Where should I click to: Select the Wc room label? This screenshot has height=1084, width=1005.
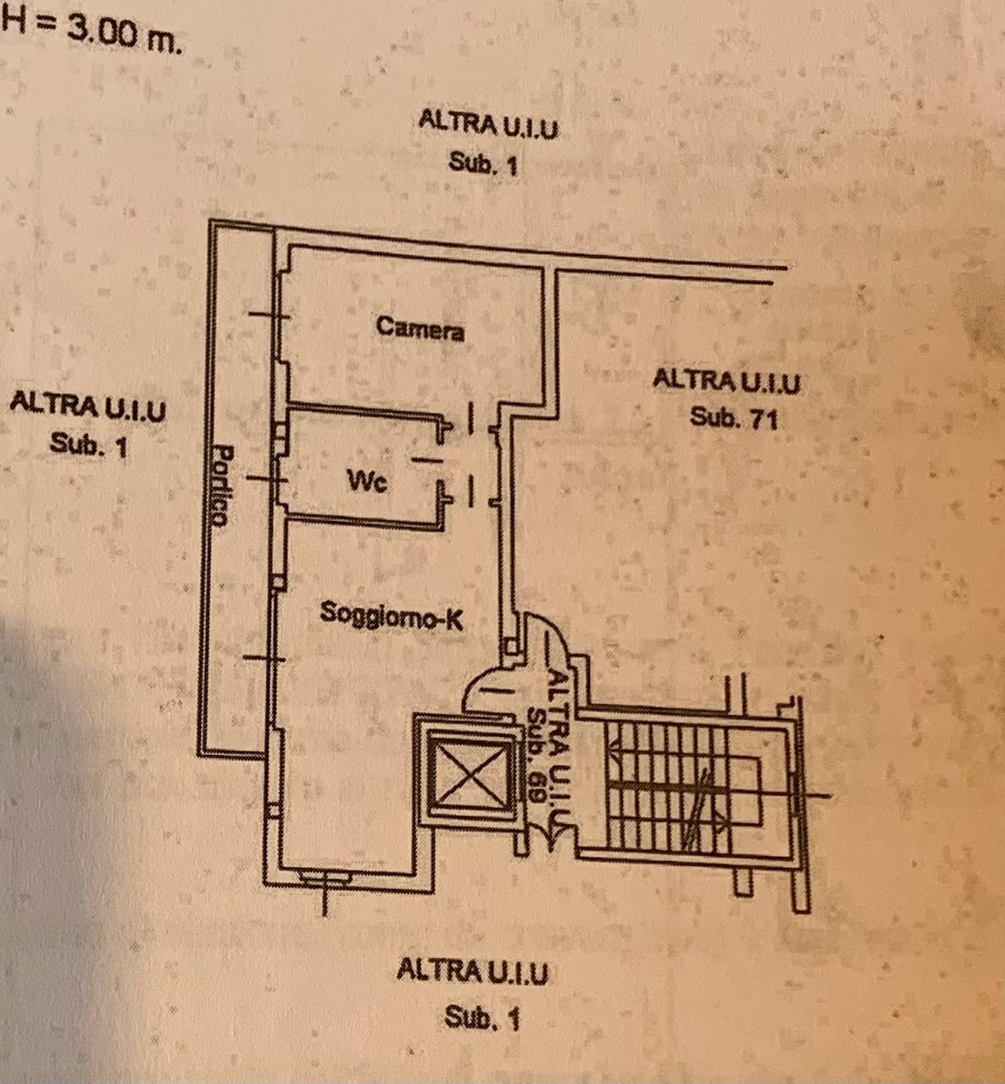pyautogui.click(x=368, y=482)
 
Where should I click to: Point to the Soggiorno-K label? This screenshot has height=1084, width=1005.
pyautogui.click(x=391, y=615)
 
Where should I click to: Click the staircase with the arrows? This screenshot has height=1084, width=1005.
pyautogui.click(x=669, y=784)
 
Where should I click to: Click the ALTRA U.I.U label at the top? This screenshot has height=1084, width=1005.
pyautogui.click(x=489, y=125)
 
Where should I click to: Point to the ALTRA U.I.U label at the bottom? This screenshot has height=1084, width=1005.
pyautogui.click(x=472, y=970)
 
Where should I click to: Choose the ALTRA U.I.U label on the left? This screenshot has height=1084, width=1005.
pyautogui.click(x=87, y=406)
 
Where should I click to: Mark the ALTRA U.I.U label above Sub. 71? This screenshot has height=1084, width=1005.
pyautogui.click(x=726, y=381)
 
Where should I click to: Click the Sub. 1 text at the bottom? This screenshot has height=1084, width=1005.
pyautogui.click(x=481, y=1017)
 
